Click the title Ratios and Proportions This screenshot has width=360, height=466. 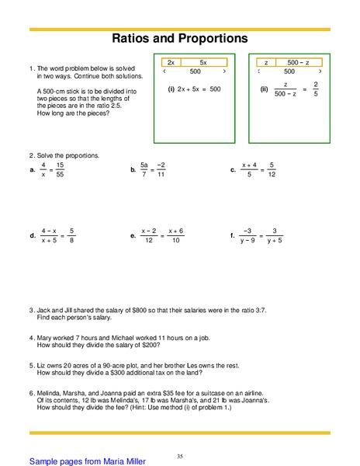point(180,38)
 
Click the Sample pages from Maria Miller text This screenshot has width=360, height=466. point(86,461)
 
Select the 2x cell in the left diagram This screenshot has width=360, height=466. point(171,61)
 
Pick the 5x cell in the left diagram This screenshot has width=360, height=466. point(203,61)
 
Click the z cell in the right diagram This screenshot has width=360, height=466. point(266,61)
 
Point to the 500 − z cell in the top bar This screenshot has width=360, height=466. point(298,61)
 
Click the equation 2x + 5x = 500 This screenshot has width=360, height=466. point(199,89)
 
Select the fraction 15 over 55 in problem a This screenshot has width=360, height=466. point(60,169)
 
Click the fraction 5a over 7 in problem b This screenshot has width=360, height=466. point(144,169)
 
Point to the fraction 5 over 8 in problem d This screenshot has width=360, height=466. point(71,235)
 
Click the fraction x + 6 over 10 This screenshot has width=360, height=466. point(175,235)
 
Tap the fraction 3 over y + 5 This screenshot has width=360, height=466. point(277,235)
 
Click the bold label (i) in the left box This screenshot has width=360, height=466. point(171,89)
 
